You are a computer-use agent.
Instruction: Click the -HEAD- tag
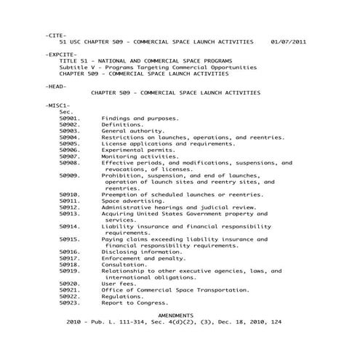[x=55, y=86]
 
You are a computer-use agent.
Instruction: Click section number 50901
[x=69, y=118]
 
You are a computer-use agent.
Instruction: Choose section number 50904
[x=69, y=137]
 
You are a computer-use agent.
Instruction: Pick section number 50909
[x=69, y=175]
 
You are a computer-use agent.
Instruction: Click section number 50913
[x=69, y=214]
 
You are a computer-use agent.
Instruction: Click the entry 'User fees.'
[x=119, y=284]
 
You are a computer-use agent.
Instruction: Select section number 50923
[x=69, y=303]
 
